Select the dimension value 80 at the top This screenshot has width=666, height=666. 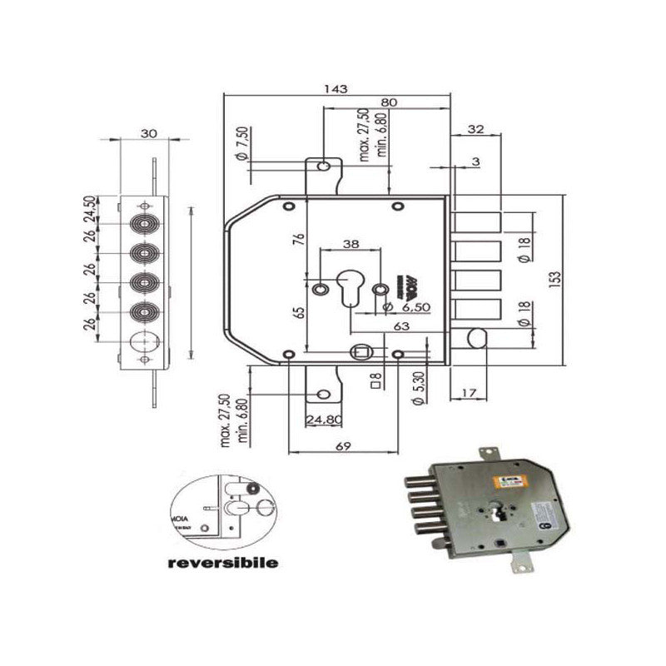coord(388,102)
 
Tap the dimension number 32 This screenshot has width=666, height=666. coord(476,129)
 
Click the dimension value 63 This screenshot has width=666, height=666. coord(401,327)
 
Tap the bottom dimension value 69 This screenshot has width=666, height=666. coord(342,446)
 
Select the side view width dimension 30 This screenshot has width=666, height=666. coord(148,133)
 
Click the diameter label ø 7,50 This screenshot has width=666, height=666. coord(241,144)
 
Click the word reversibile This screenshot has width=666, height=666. coord(222,562)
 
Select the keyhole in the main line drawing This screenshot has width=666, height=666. coord(350,288)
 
